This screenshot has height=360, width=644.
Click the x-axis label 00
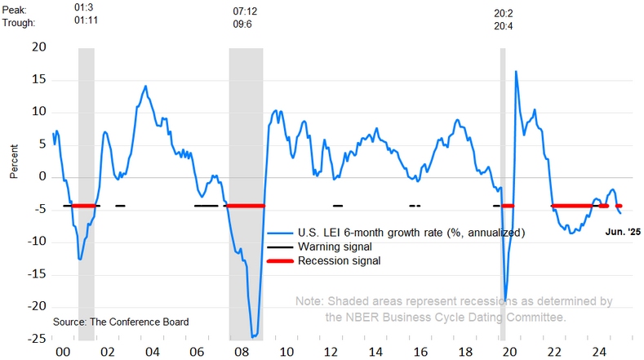61,352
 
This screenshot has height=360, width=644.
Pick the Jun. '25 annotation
622,232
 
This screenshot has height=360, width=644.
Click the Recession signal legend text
339,261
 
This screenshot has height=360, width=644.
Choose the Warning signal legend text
335,247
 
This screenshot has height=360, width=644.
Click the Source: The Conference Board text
121,322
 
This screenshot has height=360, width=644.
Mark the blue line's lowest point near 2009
254,336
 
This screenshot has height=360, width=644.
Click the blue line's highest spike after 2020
516,72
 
